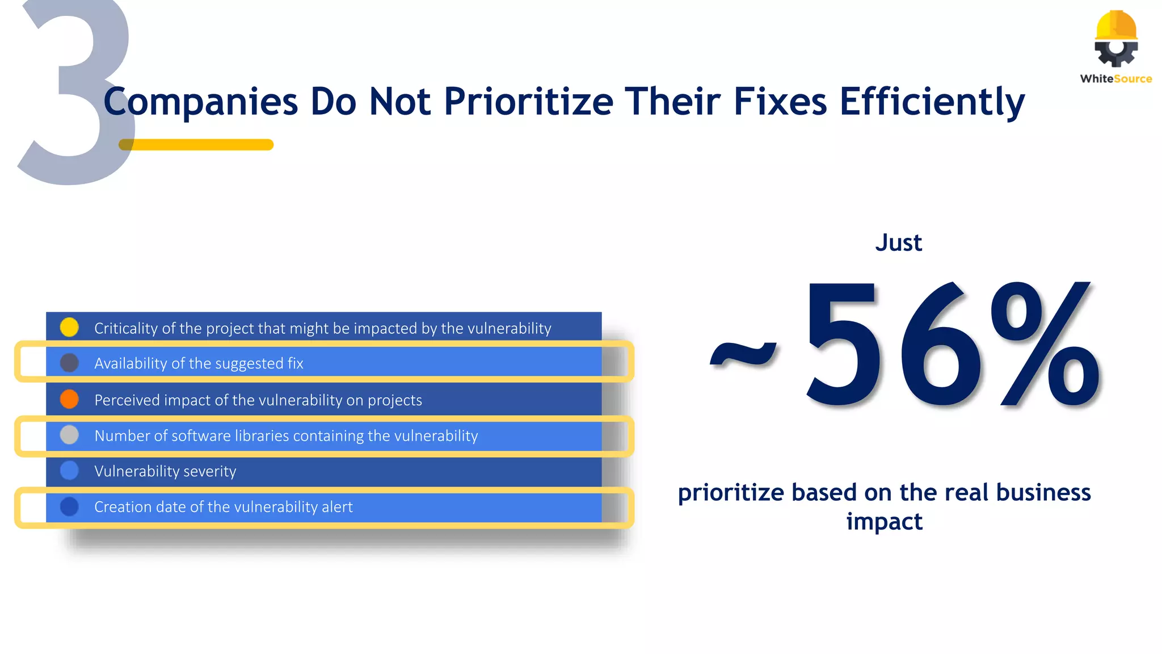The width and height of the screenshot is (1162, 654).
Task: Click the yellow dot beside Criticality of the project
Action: tap(69, 327)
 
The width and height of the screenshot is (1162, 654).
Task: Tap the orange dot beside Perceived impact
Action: tap(69, 399)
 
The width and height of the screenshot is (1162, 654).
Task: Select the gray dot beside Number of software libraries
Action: tap(69, 435)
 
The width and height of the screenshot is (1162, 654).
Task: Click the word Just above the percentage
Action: tap(898, 243)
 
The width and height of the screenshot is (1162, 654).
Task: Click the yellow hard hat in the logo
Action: tap(1116, 26)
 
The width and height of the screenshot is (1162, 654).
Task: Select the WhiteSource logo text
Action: tap(1115, 79)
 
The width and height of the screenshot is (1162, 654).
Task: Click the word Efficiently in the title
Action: tap(932, 102)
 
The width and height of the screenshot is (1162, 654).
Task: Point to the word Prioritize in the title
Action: tap(528, 102)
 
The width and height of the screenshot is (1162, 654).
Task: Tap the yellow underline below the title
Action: tap(196, 145)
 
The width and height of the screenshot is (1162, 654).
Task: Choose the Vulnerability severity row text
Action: tap(165, 471)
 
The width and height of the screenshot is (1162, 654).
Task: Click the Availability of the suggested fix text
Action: tap(199, 363)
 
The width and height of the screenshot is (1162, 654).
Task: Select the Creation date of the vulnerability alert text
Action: tap(223, 506)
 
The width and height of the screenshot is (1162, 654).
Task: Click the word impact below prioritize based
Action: tap(884, 521)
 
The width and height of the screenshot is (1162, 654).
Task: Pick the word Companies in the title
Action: tap(201, 102)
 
